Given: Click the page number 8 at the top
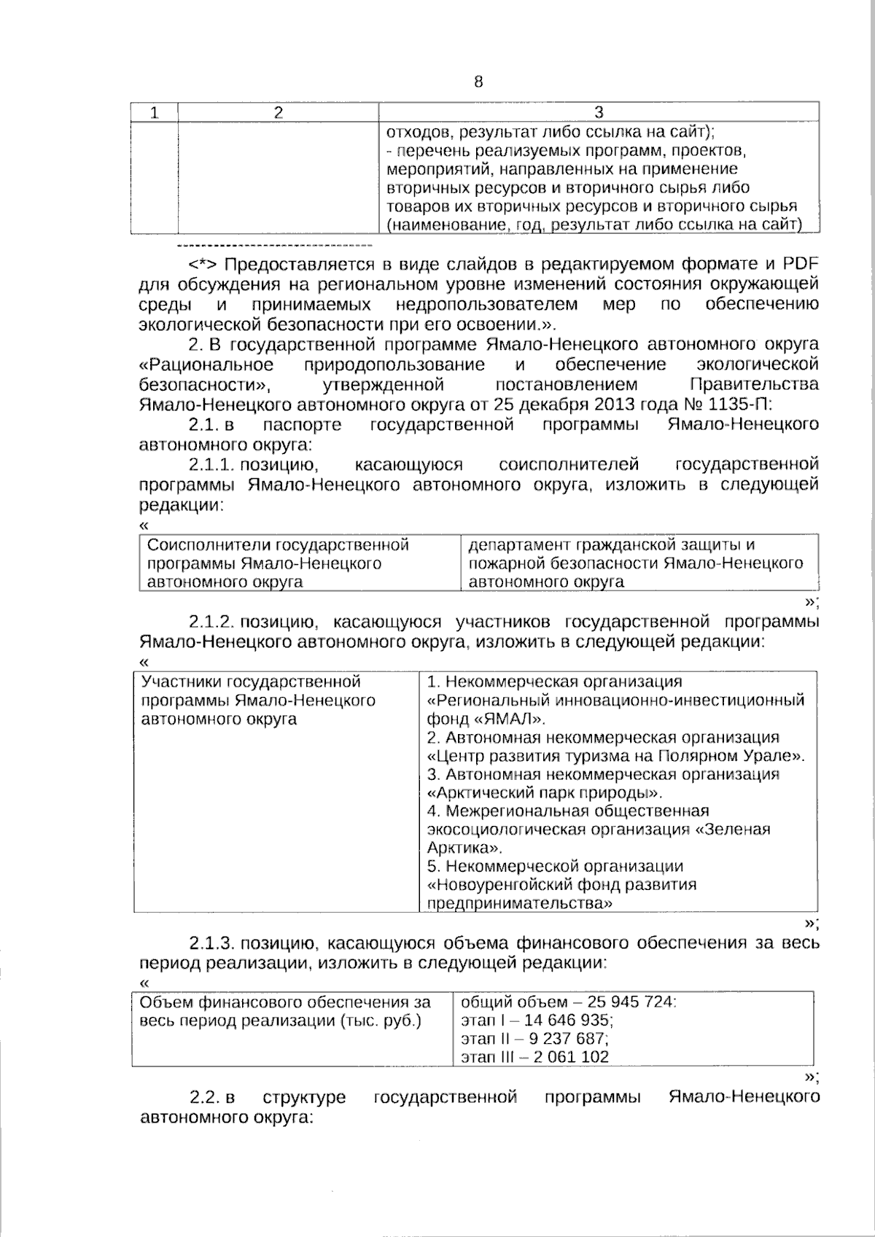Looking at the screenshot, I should pos(478,82).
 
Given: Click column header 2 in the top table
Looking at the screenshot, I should pos(278,112).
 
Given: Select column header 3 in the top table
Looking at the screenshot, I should pos(599,112).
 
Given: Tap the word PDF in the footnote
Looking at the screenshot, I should pos(801,263).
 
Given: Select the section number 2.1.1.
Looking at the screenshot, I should pos(211,464).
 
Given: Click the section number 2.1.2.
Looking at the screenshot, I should pos(211,622).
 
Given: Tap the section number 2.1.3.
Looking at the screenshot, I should pos(211,943).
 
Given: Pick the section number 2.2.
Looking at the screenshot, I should pos(206,1097).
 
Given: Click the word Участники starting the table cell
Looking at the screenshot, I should pos(181,682).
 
